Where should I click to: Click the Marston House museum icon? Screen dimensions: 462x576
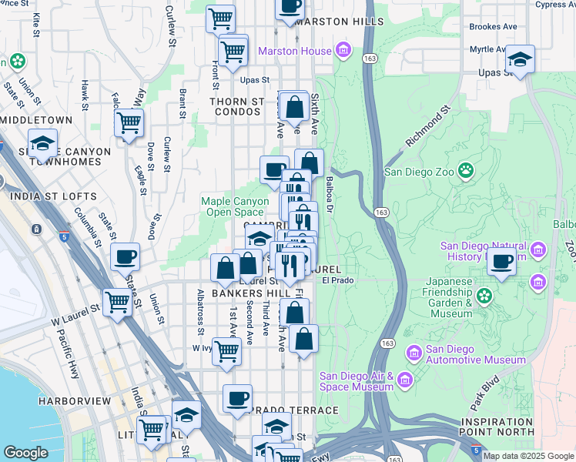click(343, 52)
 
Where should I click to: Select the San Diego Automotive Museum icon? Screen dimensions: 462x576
click(414, 353)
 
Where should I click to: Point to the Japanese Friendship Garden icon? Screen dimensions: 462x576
click(484, 295)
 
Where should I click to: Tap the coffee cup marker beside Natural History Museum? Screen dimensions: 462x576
click(502, 261)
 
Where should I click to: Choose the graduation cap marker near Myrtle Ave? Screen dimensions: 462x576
click(520, 59)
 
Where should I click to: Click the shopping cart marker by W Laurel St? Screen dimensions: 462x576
click(117, 302)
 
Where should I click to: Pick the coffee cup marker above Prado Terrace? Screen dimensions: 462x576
click(237, 397)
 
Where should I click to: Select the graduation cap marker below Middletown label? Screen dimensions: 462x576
click(42, 142)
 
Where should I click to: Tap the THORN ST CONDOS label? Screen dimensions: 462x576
click(238, 107)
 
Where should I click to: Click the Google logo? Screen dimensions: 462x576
click(25, 453)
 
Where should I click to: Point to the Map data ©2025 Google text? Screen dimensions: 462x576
click(527, 456)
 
